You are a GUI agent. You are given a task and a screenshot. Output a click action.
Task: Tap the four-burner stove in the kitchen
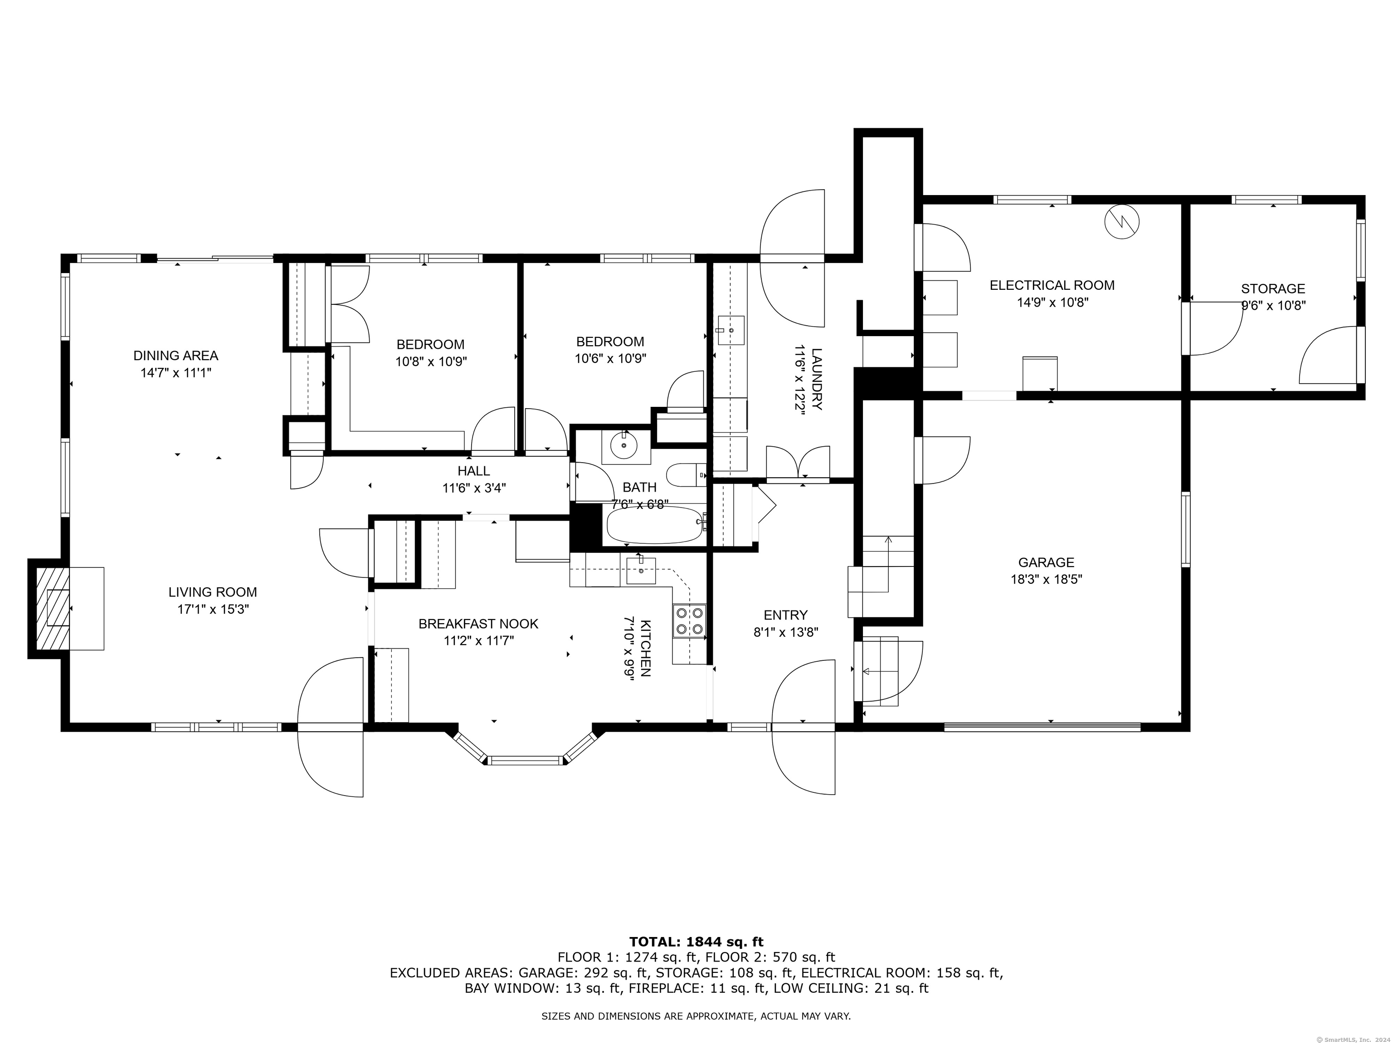pos(689,620)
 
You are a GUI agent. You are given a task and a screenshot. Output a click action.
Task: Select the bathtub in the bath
pos(654,526)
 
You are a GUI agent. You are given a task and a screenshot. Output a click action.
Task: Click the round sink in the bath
pos(624,445)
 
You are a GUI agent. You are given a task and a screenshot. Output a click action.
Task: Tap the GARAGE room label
pos(1046,562)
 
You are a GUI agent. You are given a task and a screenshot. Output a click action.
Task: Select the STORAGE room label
pos(1273,289)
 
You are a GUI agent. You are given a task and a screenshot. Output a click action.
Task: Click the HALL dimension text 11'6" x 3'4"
pos(474,488)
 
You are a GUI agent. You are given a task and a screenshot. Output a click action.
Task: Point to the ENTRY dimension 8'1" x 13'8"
pos(785,632)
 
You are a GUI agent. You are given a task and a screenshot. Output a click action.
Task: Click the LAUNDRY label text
pos(817,379)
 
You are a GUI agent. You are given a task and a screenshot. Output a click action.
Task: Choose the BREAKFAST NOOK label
pos(478,624)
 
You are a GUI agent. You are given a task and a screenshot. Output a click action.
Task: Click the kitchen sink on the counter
pos(641,571)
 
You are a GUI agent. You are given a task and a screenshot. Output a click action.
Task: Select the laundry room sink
pos(731,330)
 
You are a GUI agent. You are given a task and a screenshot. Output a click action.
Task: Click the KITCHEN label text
pos(645,648)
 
